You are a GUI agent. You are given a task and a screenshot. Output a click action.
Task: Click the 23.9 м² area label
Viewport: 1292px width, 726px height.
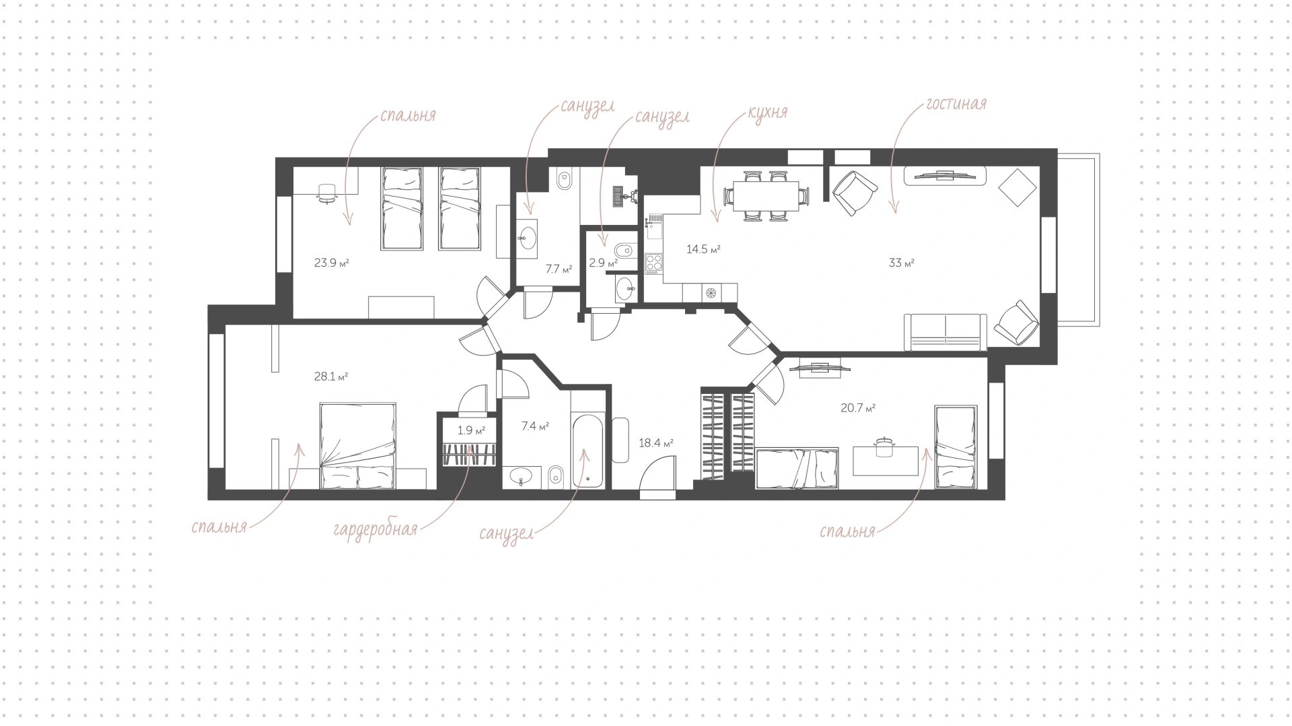(332, 263)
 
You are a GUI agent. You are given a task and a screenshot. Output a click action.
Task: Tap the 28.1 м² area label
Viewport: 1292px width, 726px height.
(331, 376)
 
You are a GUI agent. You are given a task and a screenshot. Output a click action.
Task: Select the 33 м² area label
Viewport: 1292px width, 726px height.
(902, 263)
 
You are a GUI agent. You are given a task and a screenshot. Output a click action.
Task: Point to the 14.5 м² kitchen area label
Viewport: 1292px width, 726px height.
(703, 249)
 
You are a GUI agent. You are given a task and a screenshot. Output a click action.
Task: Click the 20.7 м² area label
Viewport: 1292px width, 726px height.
(858, 407)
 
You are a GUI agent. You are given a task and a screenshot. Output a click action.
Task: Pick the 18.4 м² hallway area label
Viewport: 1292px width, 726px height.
(656, 443)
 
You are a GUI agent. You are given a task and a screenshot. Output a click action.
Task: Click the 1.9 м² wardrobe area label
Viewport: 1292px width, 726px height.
(471, 430)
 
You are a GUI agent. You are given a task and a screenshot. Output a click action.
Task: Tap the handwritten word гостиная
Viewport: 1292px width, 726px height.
(956, 104)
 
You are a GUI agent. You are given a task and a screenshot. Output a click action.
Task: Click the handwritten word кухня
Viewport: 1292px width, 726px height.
(767, 112)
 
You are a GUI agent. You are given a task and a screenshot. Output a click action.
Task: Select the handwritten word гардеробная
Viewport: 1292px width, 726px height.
(375, 529)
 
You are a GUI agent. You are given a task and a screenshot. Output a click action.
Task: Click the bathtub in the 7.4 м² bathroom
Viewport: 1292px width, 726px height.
(589, 451)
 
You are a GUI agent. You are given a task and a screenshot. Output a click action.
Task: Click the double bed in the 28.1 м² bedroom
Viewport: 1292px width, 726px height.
(356, 446)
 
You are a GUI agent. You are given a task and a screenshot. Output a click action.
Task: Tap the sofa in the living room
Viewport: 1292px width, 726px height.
(945, 332)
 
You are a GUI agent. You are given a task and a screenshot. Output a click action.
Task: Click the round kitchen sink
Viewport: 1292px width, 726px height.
(711, 292)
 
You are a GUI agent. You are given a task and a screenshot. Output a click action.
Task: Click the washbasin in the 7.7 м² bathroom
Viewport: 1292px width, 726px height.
(527, 238)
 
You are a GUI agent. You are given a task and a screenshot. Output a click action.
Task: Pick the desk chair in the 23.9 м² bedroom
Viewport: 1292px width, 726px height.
(327, 193)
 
